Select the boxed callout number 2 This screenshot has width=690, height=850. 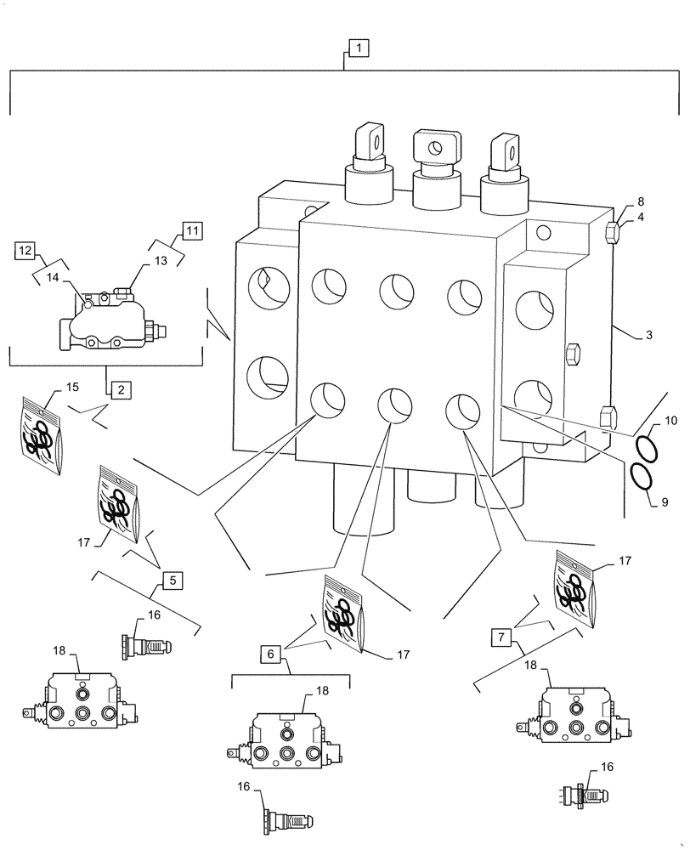click(x=119, y=389)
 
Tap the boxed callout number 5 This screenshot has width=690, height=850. click(x=172, y=581)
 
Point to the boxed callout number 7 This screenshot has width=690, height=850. click(x=502, y=635)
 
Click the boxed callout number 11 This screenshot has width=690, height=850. click(x=191, y=229)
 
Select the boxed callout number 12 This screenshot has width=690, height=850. click(x=25, y=250)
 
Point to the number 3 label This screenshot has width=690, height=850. click(x=648, y=336)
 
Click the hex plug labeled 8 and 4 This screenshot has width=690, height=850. click(x=611, y=232)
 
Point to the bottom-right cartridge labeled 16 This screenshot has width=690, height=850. click(x=584, y=796)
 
